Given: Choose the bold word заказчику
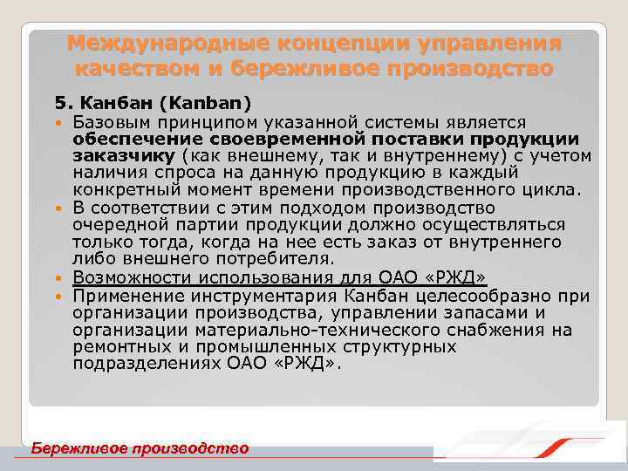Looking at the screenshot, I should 126,156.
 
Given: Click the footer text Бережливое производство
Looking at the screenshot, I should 140,447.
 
